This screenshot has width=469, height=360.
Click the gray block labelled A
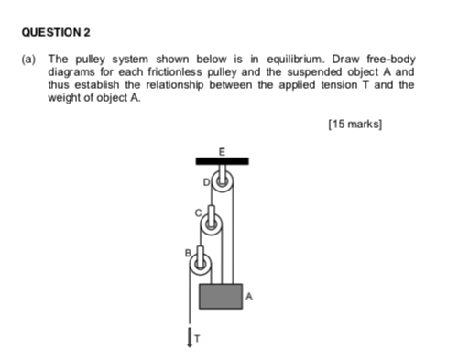221,296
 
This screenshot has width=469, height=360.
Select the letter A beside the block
248,296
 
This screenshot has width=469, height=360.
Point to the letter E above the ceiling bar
220,149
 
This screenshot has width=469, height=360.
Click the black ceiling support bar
222,162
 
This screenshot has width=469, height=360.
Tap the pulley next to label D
223,184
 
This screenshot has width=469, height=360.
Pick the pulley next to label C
212,223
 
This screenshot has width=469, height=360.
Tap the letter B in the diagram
186,252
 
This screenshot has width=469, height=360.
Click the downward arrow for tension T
191,338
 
